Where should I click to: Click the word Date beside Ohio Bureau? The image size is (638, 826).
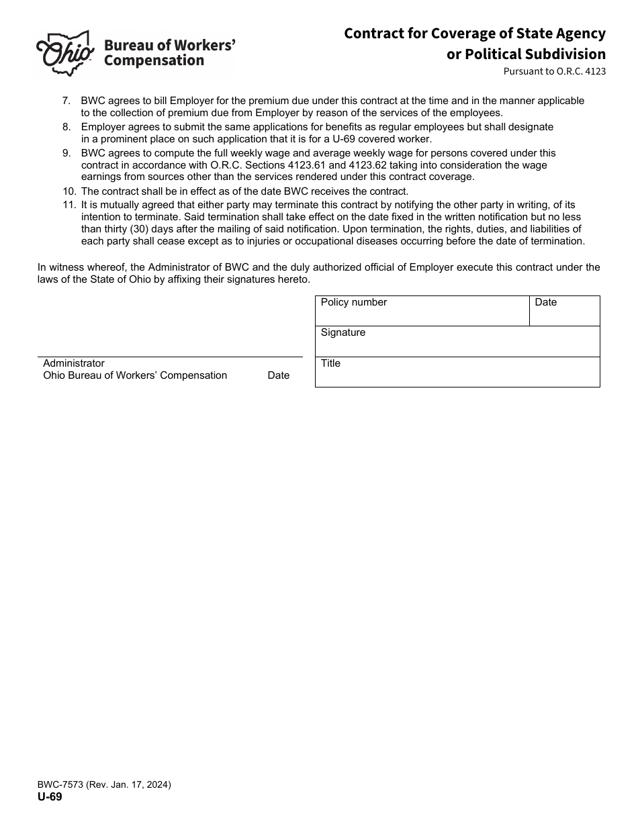[278, 375]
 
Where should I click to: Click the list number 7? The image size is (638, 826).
[66, 101]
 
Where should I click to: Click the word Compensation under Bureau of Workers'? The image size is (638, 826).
[154, 61]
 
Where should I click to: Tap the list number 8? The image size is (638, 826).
[66, 127]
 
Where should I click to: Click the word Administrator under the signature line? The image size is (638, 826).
[74, 363]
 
